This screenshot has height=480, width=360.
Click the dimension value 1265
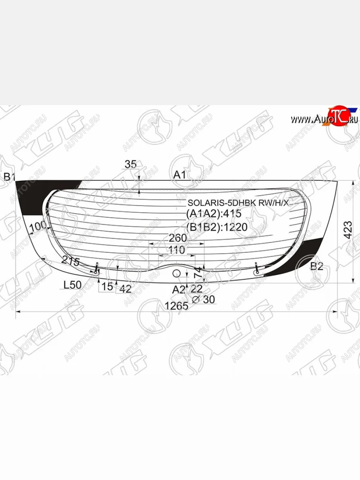176,306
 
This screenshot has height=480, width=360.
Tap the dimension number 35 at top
130,164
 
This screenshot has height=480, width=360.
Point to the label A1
180,175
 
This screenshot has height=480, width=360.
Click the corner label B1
9,177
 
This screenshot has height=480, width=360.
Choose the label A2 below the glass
179,290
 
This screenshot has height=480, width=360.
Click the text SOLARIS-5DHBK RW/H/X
238,203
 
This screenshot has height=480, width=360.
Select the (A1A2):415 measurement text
214,214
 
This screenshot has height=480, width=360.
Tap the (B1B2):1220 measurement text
217,227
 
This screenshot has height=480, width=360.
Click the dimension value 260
178,238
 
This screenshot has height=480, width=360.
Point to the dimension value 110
176,250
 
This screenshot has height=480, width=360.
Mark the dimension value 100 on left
38,226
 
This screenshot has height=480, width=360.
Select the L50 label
73,285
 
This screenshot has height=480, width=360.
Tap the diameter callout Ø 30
204,299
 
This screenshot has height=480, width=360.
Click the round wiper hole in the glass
176,274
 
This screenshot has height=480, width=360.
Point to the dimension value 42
125,289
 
